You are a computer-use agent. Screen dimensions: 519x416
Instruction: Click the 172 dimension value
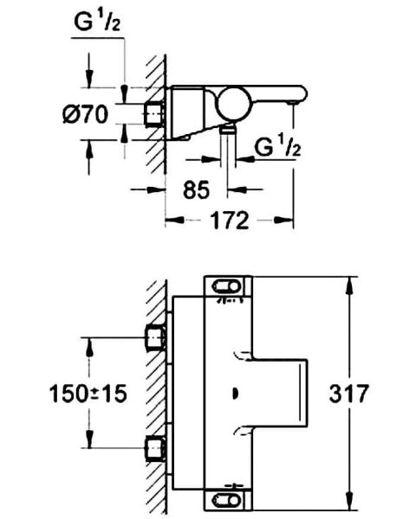click(229, 221)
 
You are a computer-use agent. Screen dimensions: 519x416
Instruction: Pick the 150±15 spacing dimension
click(88, 394)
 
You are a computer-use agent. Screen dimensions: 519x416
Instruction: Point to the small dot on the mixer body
click(235, 394)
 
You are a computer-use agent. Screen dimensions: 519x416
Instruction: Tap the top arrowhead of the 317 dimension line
click(351, 283)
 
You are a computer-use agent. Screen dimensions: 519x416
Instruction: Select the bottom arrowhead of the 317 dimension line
click(351, 506)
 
